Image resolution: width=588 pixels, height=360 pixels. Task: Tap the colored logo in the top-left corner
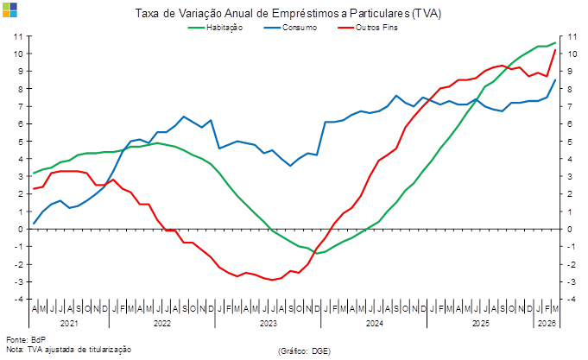(9, 9)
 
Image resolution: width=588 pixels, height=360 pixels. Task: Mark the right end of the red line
(555, 50)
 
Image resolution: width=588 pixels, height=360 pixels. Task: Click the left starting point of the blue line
(35, 223)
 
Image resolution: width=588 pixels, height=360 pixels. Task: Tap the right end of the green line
(556, 41)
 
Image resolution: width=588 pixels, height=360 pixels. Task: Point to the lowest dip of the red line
(273, 280)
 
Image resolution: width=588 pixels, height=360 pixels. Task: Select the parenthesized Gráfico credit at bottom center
(305, 350)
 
